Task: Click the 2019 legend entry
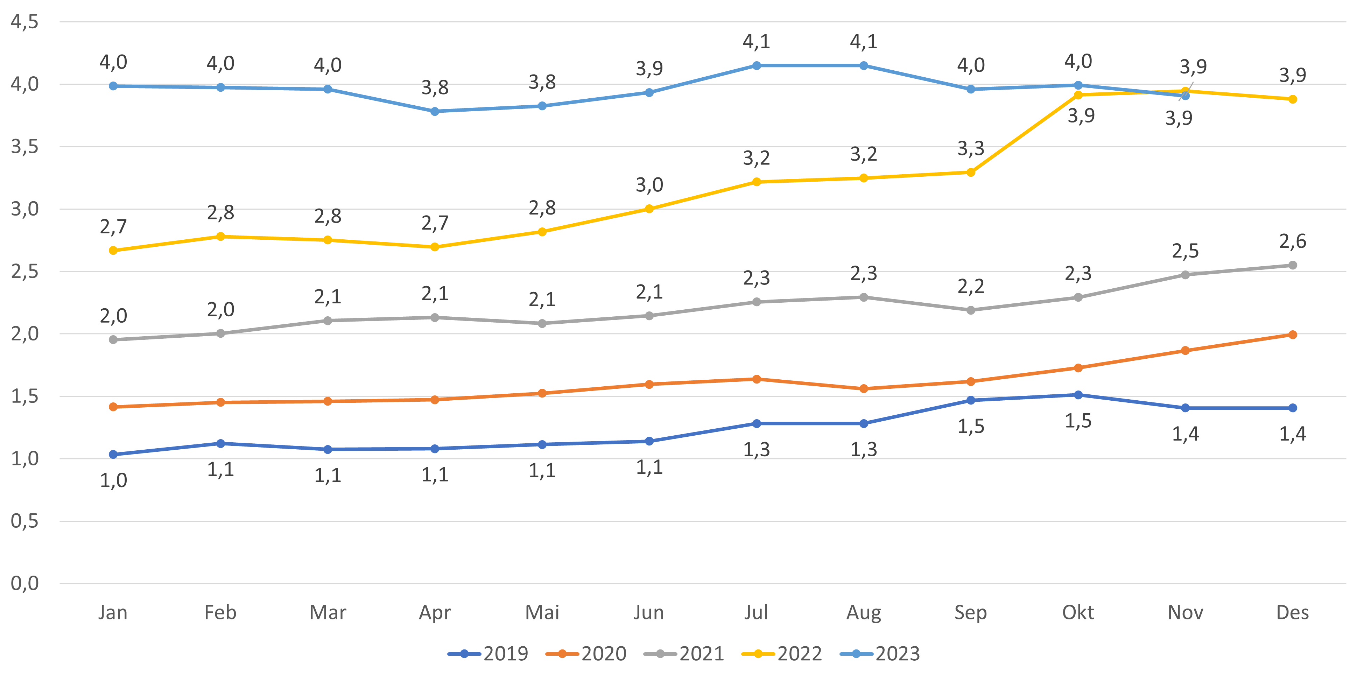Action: coord(488,654)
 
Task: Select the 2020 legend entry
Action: coord(586,654)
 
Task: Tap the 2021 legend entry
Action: coord(684,654)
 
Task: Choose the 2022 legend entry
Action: coord(782,654)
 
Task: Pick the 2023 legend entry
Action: coord(880,654)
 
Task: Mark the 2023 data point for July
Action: coord(756,66)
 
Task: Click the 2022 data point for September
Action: coord(971,173)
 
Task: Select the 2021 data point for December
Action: coord(1293,265)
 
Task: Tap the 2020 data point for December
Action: coord(1293,335)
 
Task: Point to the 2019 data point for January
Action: coord(113,454)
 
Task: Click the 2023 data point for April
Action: coord(435,111)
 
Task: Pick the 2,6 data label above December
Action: coord(1293,241)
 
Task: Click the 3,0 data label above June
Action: coord(649,185)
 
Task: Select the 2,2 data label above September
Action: coord(971,287)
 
